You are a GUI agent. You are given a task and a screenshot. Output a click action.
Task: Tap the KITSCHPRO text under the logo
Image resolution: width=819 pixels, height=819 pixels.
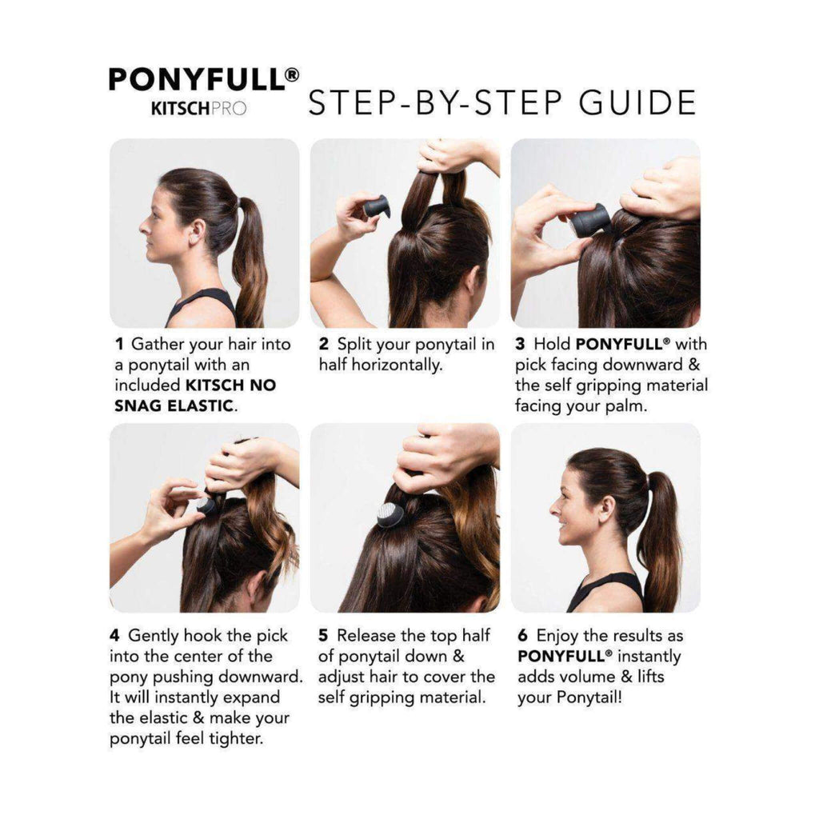point(198,108)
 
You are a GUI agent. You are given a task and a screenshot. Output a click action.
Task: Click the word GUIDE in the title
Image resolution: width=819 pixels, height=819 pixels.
point(637,102)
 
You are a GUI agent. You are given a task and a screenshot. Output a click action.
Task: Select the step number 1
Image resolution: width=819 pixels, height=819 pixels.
point(120,344)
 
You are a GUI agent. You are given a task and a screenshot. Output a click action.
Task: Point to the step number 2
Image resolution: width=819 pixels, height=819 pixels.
point(324,344)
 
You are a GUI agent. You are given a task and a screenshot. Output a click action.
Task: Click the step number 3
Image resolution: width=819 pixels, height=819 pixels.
point(520,344)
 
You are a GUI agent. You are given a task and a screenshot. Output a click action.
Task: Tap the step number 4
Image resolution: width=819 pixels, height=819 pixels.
point(115,636)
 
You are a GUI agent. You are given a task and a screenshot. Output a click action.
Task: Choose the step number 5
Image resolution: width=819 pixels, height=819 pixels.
point(323,636)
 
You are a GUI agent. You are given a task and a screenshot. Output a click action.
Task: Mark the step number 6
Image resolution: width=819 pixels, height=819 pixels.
point(523,636)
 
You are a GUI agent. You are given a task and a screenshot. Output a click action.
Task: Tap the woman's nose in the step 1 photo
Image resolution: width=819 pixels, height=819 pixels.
point(144,227)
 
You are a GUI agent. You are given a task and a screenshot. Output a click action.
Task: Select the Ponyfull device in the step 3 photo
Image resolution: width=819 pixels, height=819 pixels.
point(590,220)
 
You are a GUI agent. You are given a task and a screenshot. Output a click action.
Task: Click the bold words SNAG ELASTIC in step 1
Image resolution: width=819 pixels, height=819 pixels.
point(174,406)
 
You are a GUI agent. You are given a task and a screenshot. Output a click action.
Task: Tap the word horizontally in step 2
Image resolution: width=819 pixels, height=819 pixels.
point(397,365)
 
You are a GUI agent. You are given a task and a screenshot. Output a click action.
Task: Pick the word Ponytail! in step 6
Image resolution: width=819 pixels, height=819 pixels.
point(589,697)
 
